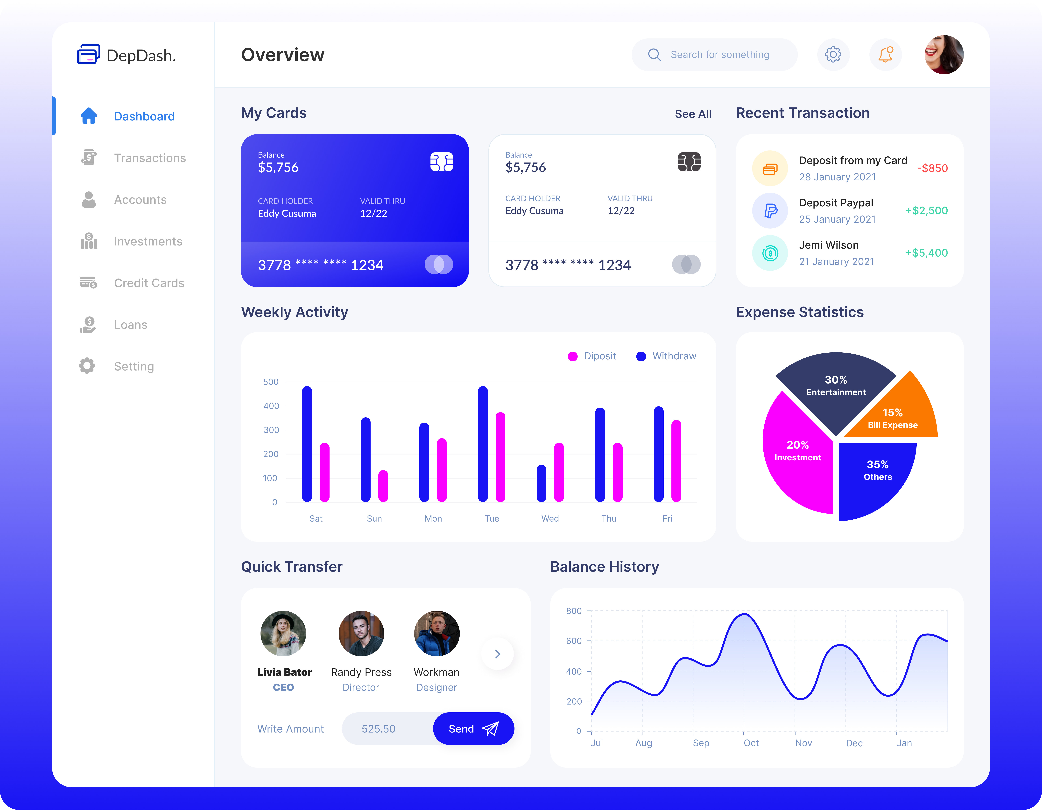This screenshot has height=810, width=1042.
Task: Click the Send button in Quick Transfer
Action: pyautogui.click(x=473, y=728)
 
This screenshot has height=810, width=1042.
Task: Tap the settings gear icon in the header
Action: pyautogui.click(x=833, y=54)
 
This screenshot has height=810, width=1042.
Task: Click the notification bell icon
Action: pyautogui.click(x=886, y=54)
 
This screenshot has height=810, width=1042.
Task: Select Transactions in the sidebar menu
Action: pyautogui.click(x=150, y=158)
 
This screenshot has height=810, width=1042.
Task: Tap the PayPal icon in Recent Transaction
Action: pyautogui.click(x=770, y=210)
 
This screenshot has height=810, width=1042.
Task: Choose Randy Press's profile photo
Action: pyautogui.click(x=361, y=634)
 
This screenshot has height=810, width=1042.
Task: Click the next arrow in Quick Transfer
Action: pyautogui.click(x=498, y=654)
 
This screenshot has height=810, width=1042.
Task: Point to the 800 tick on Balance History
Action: pyautogui.click(x=574, y=611)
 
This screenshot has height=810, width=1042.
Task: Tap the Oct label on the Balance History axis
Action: pyautogui.click(x=751, y=743)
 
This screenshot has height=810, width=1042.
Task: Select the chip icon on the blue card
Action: pyautogui.click(x=441, y=162)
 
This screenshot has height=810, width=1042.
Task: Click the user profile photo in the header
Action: pyautogui.click(x=944, y=54)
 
